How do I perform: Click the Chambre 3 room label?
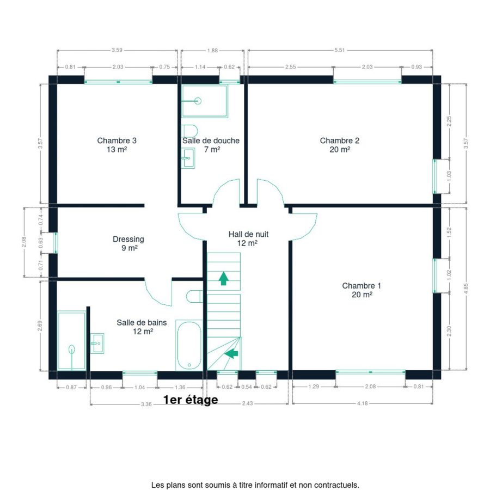click(117, 145)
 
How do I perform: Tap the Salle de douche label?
click(211, 145)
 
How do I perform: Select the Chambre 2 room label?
click(340, 145)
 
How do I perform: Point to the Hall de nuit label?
click(248, 238)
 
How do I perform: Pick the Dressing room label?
click(128, 243)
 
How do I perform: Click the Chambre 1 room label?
click(362, 290)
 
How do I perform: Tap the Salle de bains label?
click(142, 327)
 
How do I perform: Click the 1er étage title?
click(191, 400)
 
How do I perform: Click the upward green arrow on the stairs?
click(223, 278)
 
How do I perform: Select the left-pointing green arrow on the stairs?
click(231, 353)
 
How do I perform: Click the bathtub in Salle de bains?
click(189, 345)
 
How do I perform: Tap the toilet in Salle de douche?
click(190, 131)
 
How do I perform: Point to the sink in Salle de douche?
click(188, 158)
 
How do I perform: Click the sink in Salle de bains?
click(97, 343)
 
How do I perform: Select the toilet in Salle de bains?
click(194, 297)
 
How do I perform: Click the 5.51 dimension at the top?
click(340, 50)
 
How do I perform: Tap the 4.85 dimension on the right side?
click(466, 289)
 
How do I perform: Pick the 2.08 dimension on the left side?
click(24, 242)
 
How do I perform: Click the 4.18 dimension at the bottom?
click(363, 403)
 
